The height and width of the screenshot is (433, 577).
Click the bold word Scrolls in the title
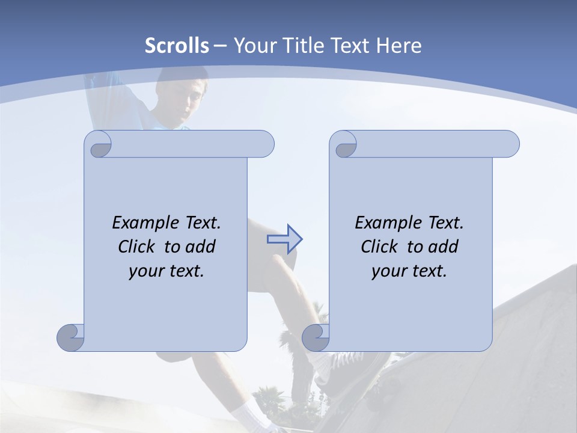[x=177, y=46]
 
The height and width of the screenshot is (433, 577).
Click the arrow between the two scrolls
[x=284, y=239]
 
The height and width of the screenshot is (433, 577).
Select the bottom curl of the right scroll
[x=316, y=337]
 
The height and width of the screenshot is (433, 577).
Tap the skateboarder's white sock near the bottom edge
[x=250, y=417]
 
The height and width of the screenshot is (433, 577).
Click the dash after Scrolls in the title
[x=221, y=46]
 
